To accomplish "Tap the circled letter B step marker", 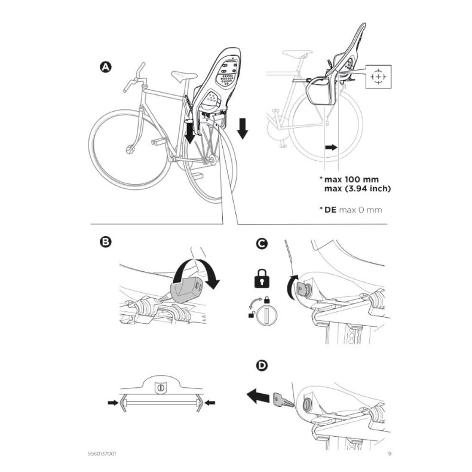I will (x=105, y=243).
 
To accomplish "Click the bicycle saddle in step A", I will (x=183, y=75).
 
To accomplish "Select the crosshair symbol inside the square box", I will (x=378, y=78).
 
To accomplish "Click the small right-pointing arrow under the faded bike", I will (x=330, y=146).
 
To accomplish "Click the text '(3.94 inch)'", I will (x=370, y=189).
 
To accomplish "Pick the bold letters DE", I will (x=331, y=210).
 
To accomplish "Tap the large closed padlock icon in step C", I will (x=262, y=277).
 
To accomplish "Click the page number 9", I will (x=390, y=453).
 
